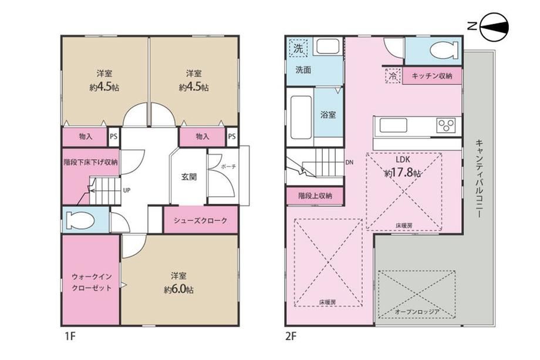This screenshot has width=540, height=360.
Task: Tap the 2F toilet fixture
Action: click(444, 51)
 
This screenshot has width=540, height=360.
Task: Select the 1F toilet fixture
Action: click(80, 220)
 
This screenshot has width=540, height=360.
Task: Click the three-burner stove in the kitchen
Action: click(446, 126)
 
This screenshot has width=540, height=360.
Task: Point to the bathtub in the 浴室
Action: click(301, 117)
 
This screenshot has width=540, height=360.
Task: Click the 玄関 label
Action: click(189, 177)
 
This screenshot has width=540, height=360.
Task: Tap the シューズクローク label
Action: click(200, 221)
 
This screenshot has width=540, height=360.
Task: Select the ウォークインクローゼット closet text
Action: click(92, 282)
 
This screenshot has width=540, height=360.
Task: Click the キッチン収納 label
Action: click(432, 76)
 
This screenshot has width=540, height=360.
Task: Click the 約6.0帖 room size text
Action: click(179, 290)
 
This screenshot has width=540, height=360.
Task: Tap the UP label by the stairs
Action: click(126, 190)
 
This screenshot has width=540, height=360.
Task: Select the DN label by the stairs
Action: click(349, 163)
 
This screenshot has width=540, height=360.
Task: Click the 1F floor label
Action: click(70, 336)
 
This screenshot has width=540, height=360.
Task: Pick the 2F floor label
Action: click(291, 336)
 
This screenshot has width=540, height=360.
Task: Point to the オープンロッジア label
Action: click(417, 312)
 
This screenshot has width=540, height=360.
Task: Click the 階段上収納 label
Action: click(315, 196)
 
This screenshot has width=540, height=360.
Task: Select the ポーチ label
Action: click(229, 166)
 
